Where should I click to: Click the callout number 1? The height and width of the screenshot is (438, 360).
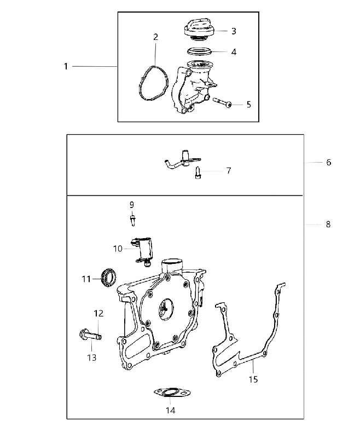(66, 66)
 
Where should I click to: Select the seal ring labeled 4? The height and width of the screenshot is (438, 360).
(199, 51)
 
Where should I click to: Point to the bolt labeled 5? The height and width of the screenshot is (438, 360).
(223, 102)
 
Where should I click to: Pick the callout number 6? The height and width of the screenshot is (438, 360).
(328, 162)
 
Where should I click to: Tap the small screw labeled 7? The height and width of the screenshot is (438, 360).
(198, 172)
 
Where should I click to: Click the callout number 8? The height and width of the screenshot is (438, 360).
(328, 224)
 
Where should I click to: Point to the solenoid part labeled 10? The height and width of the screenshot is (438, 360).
(143, 251)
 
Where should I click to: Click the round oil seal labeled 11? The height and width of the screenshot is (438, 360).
(108, 278)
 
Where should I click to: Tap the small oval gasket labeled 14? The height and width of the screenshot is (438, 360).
(172, 392)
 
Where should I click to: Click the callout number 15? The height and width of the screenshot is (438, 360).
(253, 379)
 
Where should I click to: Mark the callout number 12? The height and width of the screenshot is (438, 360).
(98, 313)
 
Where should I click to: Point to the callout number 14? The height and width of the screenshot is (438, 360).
(171, 410)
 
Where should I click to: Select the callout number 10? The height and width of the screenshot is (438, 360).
(118, 249)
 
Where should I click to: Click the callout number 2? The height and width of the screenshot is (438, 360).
(155, 37)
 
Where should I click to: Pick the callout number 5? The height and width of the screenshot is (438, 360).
(248, 105)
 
